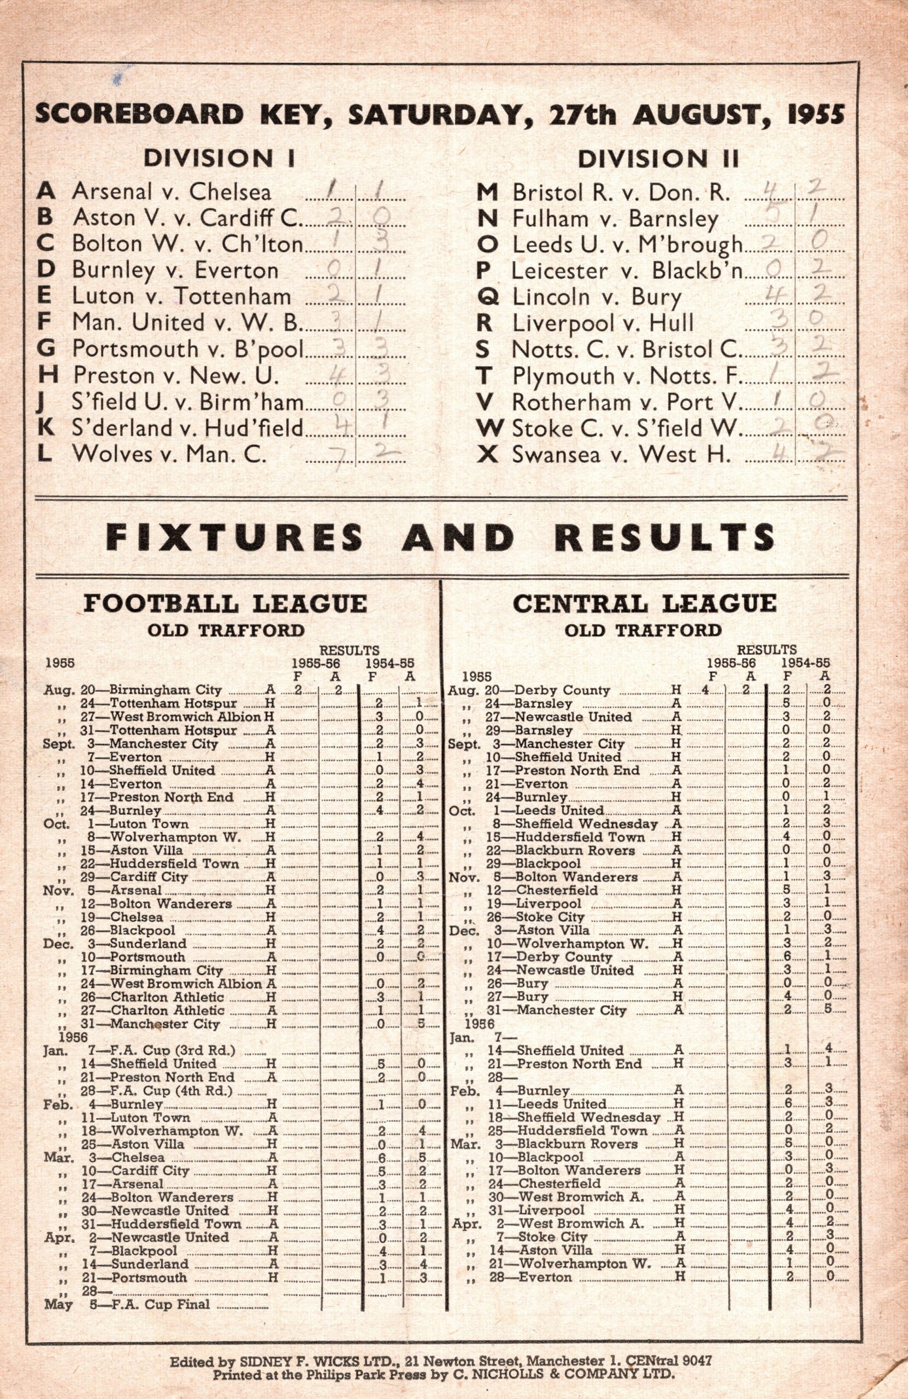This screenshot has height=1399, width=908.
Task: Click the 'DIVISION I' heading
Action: pos(220,158)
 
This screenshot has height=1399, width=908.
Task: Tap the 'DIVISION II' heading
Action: pos(658,158)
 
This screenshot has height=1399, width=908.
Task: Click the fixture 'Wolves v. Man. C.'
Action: pos(169,454)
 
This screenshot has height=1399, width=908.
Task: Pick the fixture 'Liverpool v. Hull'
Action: pos(603,323)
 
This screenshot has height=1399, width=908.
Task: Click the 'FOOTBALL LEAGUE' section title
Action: pos(225,604)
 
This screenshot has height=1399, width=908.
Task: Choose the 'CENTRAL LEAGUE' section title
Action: pos(644,604)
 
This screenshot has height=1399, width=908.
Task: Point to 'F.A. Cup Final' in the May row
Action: pos(160,1304)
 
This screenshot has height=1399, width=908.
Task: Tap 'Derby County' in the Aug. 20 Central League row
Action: pos(562,691)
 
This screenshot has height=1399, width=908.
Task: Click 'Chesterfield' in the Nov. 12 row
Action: pos(556,890)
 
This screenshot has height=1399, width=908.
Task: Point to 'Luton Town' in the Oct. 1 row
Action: pos(149,824)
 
